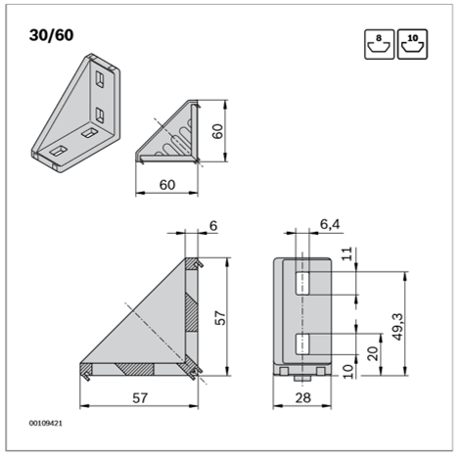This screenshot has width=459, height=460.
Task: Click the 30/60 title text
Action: click(x=51, y=35)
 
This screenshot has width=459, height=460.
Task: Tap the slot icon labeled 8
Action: click(x=379, y=44)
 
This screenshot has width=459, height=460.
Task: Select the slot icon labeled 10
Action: click(x=412, y=44)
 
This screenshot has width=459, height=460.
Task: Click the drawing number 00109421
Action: click(x=46, y=423)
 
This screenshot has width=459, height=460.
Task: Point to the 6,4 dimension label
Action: click(x=330, y=224)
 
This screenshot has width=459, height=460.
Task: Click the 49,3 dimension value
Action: click(x=398, y=327)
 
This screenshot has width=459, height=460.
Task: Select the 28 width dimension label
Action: click(x=302, y=398)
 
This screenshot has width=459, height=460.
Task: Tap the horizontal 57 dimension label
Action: click(x=140, y=398)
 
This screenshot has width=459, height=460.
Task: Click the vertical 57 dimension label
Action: click(x=221, y=318)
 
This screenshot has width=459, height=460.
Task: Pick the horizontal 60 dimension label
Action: click(x=167, y=185)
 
